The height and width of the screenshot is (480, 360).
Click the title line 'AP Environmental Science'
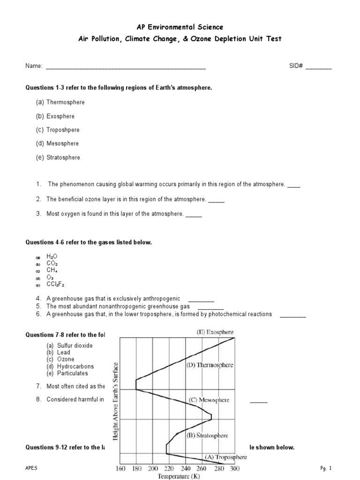click(180, 28)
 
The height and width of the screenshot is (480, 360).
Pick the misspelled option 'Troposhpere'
click(63, 130)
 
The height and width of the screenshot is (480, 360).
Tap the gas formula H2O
click(52, 257)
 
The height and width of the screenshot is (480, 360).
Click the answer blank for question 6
click(293, 315)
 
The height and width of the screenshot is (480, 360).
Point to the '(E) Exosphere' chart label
click(215, 332)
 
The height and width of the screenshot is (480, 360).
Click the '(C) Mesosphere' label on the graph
click(209, 400)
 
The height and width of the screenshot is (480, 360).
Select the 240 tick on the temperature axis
click(185, 468)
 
